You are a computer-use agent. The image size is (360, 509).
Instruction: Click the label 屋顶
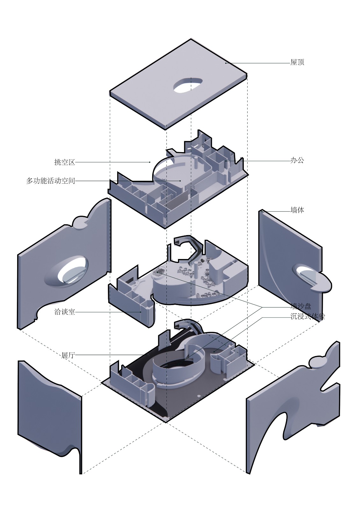click(297, 62)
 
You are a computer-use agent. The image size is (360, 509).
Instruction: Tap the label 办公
click(297, 160)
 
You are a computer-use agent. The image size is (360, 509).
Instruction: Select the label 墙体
click(297, 210)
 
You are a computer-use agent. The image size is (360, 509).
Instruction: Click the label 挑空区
click(65, 162)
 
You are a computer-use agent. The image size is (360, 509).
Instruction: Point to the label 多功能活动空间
click(51, 181)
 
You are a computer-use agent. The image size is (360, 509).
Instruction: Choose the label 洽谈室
click(65, 312)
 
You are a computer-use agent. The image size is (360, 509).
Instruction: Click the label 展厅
click(68, 355)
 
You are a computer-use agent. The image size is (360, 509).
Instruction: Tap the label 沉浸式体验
click(307, 317)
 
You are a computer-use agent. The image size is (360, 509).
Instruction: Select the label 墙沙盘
click(301, 307)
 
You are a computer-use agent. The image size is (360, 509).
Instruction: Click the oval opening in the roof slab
click(187, 85)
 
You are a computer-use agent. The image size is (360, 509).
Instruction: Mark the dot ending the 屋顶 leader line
click(226, 63)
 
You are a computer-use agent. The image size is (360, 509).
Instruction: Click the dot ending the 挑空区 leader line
click(150, 162)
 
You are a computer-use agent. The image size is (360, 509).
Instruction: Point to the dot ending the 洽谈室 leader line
click(141, 312)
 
